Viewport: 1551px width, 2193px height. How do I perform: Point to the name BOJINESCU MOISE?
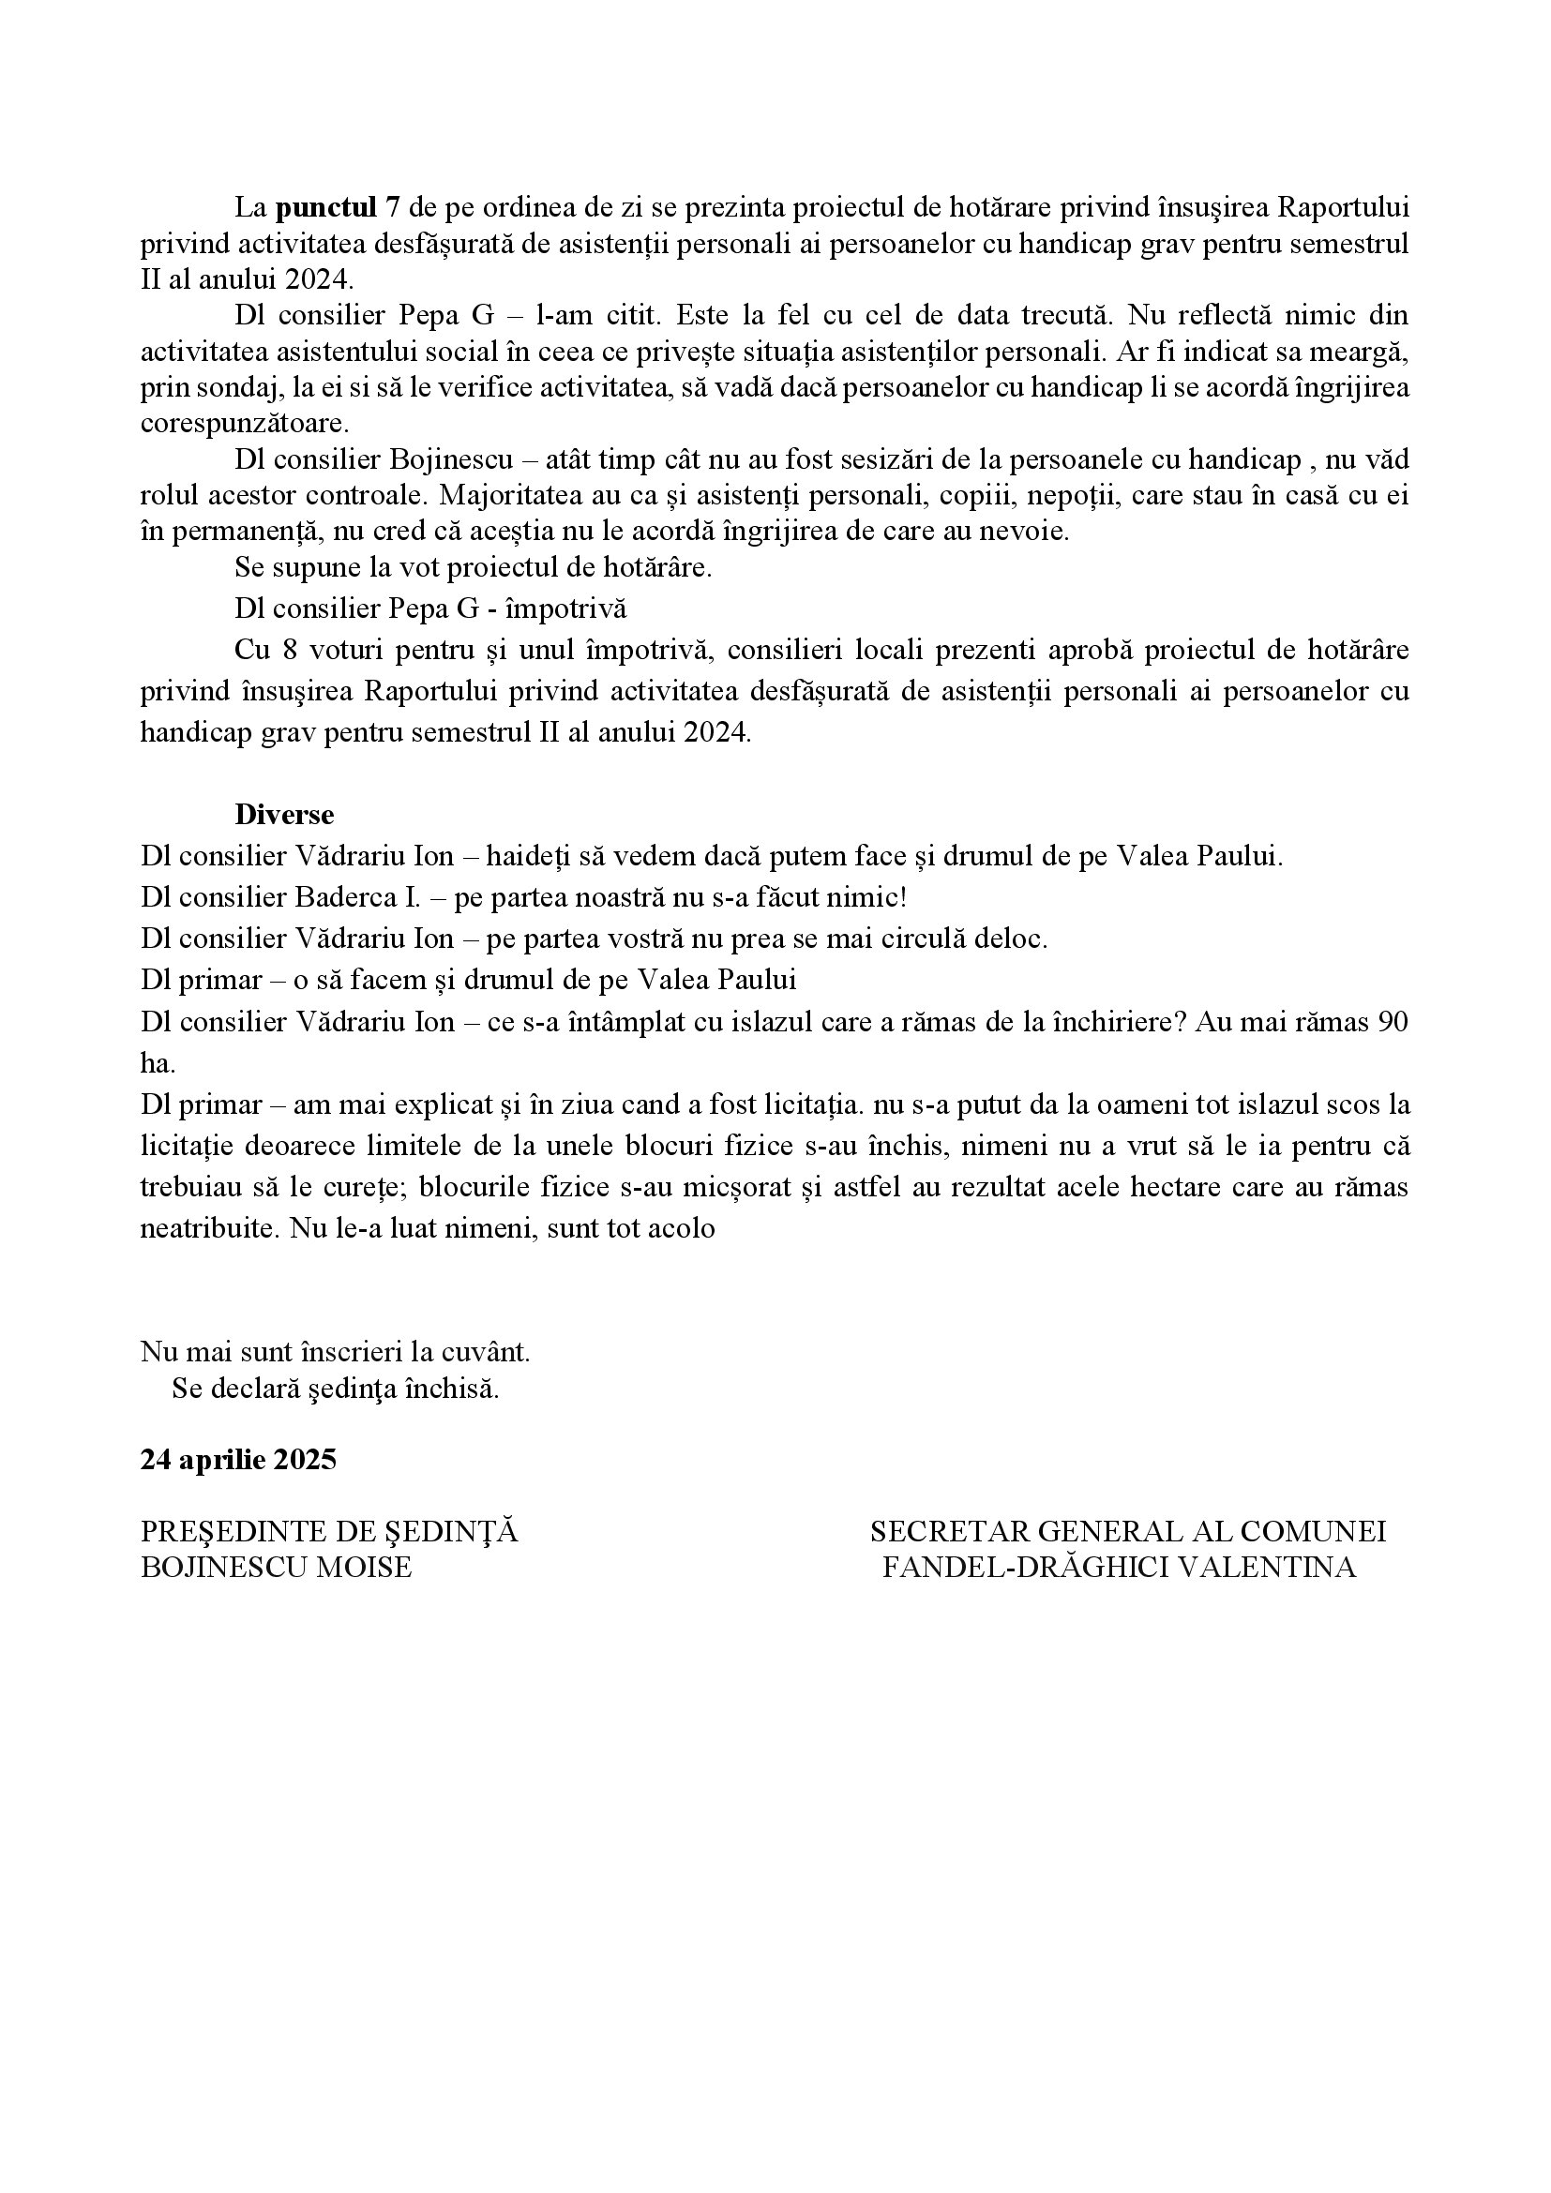coord(276,1568)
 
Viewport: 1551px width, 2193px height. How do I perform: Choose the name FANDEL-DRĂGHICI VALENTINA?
coord(1119,1568)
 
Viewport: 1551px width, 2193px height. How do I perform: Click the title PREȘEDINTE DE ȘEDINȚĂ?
coord(328,1531)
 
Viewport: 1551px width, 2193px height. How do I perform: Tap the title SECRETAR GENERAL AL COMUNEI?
coord(1127,1531)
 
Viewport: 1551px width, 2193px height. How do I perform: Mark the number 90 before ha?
coord(1391,1022)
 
